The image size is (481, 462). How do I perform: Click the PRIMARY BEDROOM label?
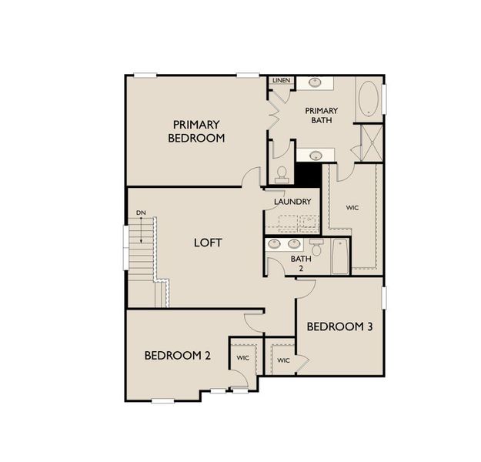coord(198,132)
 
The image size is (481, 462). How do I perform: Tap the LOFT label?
coord(208,243)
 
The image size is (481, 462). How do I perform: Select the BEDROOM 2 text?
coord(177,356)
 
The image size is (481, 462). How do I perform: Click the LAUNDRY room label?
coord(292,202)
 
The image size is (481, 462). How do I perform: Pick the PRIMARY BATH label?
coord(321,116)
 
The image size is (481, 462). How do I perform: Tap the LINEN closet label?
coord(280,81)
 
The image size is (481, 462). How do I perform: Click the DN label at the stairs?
coord(141,213)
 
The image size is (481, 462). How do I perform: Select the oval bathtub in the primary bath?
coord(369,98)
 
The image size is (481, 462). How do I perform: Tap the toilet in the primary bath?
coord(282,173)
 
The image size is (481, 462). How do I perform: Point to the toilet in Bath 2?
coord(316,248)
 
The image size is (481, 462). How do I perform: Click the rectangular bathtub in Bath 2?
coord(339,256)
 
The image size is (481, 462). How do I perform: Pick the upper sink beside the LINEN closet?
coord(315,82)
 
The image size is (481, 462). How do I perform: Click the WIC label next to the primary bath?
coord(352,207)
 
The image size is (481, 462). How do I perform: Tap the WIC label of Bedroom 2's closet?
coord(243,358)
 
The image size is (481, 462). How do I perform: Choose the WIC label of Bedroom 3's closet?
coord(283,360)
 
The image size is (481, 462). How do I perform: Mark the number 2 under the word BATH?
coord(302,269)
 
